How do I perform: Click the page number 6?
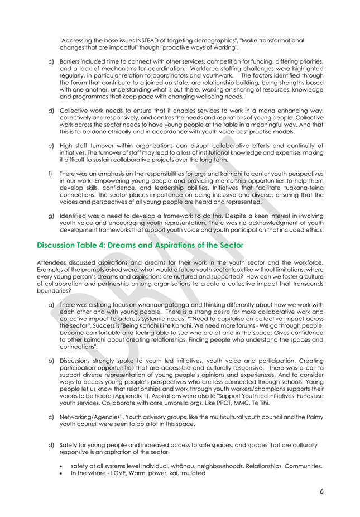click(x=322, y=491)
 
